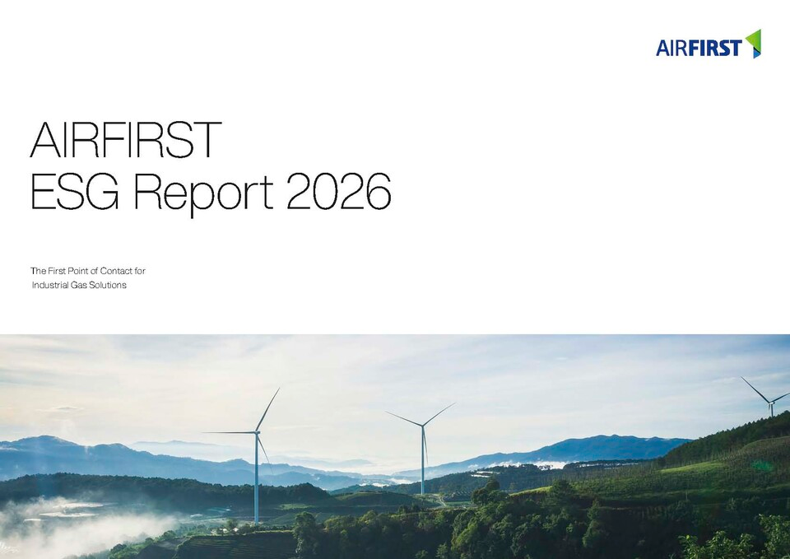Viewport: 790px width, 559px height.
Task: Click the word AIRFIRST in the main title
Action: pos(125,140)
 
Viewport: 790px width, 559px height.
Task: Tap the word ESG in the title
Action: pos(75,192)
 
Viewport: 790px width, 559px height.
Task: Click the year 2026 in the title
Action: pos(338,192)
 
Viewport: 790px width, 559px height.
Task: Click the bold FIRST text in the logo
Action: pos(715,49)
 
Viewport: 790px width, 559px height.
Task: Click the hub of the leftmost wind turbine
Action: pos(257,432)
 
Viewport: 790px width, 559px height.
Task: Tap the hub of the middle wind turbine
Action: pos(422,426)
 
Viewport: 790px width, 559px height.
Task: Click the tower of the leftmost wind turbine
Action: pos(257,479)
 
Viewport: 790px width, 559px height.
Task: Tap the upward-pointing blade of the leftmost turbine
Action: pos(268,409)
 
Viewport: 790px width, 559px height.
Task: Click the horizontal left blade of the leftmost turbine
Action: pos(230,432)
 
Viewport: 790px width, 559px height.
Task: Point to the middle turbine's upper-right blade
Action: pos(439,414)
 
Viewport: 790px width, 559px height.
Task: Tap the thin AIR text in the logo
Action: pos(671,49)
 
